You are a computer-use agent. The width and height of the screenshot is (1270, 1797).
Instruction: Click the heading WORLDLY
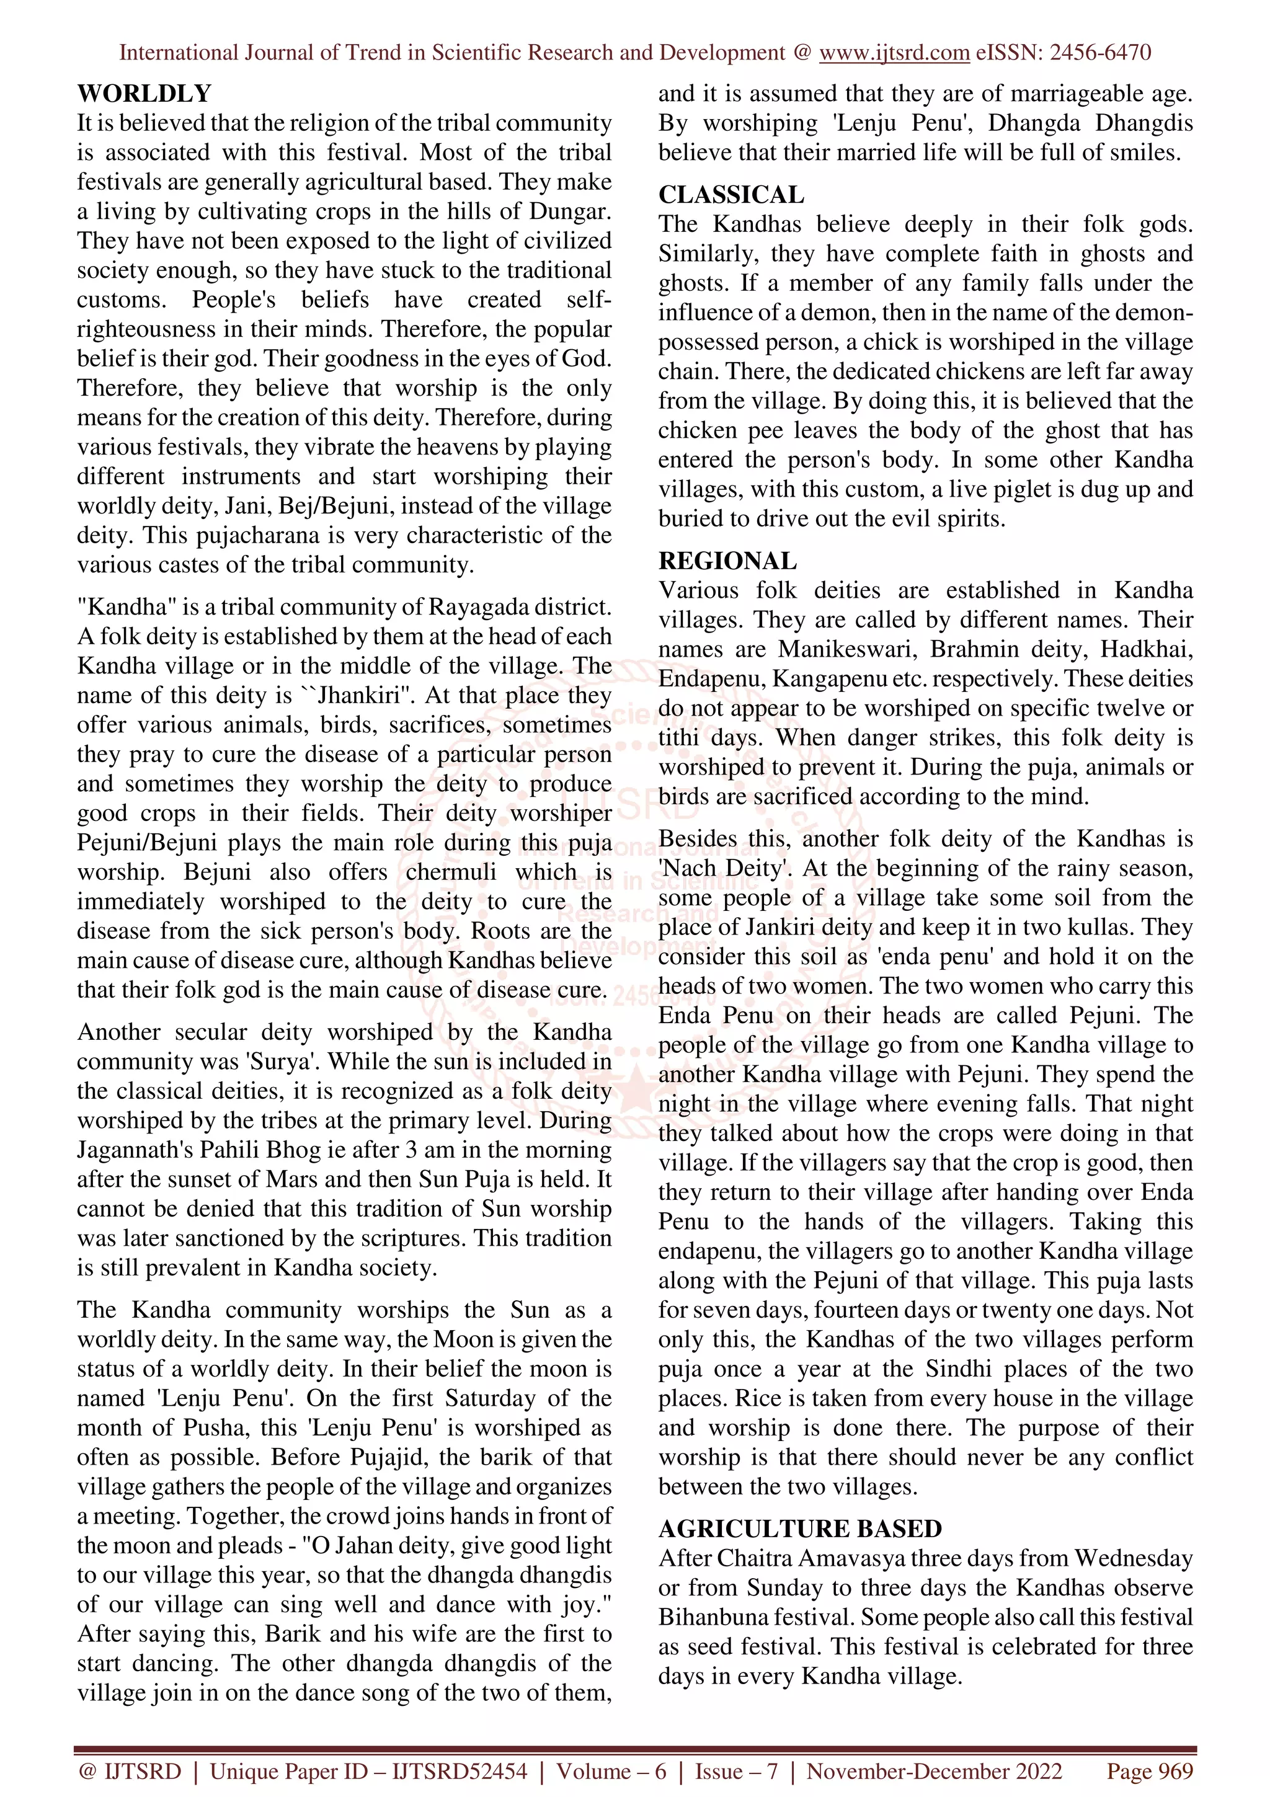(144, 94)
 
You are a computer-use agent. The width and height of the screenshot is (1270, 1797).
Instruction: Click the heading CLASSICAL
(731, 195)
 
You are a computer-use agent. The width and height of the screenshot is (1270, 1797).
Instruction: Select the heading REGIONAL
(727, 561)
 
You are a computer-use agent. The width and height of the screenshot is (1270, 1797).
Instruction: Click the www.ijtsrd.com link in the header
(894, 53)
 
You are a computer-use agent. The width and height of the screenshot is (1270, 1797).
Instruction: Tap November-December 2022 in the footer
(935, 1771)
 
